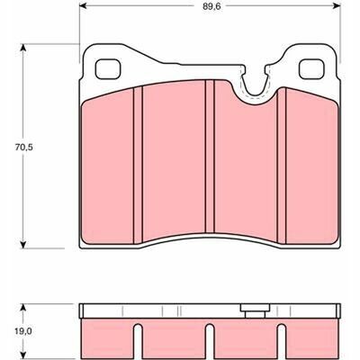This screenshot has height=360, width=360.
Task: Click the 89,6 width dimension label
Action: pos(211,6)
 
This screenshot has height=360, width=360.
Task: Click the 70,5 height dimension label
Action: pos(24,148)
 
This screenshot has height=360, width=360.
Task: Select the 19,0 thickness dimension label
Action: pos(23,331)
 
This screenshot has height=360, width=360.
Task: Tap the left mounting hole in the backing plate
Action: pos(108,69)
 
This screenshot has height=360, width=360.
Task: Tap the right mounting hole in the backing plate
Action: pos(311,69)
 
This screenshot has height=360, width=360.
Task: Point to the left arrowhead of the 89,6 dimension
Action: pos(82,5)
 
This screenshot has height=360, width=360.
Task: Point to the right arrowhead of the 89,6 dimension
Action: pos(337,5)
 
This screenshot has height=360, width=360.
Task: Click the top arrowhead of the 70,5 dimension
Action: pos(23,48)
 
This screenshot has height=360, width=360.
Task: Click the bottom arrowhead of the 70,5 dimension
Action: pos(23,245)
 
